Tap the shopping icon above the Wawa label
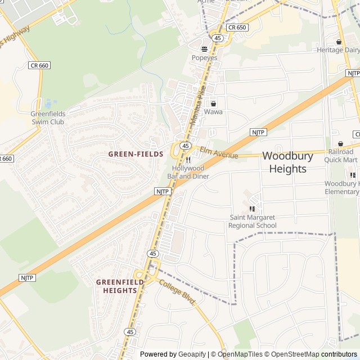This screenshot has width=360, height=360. [x=213, y=103]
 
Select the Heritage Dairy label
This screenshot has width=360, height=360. [x=337, y=50]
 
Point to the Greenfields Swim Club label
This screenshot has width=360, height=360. [x=48, y=118]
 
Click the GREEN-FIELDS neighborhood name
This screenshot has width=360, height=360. [x=136, y=154]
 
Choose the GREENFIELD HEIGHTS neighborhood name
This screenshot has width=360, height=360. [x=116, y=286]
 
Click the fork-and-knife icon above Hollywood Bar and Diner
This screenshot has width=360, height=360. [x=188, y=160]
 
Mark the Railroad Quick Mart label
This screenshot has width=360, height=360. [x=341, y=156]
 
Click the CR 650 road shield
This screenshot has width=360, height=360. [x=237, y=27]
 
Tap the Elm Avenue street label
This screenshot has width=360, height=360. [x=219, y=152]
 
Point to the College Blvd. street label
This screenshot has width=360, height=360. [x=177, y=292]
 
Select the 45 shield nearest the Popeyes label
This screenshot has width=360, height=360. [x=218, y=38]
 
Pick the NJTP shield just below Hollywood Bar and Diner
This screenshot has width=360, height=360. [x=162, y=191]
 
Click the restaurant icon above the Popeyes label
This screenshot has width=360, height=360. [x=204, y=49]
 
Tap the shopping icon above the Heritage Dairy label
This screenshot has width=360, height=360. [x=338, y=42]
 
